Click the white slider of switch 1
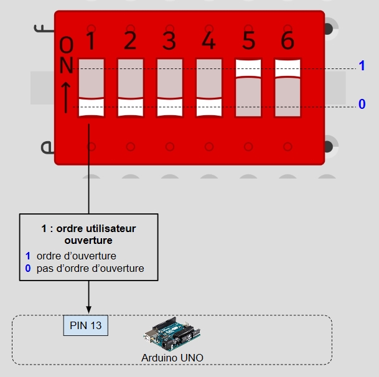click(91, 107)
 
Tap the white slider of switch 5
click(248, 68)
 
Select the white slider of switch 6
click(288, 68)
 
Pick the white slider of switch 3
click(170, 107)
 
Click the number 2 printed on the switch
click(130, 40)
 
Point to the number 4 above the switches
click(208, 40)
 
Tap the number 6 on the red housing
click(288, 40)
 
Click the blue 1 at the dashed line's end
click(362, 65)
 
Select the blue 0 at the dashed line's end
click(362, 104)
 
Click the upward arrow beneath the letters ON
click(66, 98)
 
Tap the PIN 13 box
click(85, 325)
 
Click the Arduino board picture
click(172, 334)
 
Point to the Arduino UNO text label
click(172, 358)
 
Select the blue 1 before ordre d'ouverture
click(28, 256)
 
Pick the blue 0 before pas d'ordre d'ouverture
click(28, 268)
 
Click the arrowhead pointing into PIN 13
click(89, 310)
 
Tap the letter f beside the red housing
click(44, 29)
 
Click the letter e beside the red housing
click(47, 147)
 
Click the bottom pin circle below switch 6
click(288, 147)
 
